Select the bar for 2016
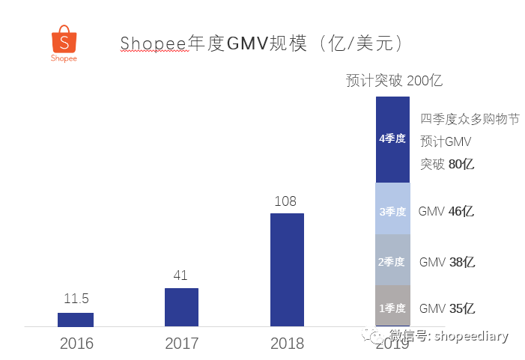point(76,320)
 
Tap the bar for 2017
point(181,307)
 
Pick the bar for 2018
point(287,269)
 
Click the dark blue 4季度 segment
point(392,139)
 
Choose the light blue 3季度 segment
point(392,210)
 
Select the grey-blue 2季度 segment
point(392,260)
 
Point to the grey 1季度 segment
point(392,306)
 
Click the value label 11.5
point(76,299)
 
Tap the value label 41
point(180,275)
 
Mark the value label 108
point(285,201)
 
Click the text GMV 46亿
point(446,211)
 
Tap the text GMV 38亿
point(446,262)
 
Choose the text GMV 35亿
point(446,308)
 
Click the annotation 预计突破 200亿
point(399,81)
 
